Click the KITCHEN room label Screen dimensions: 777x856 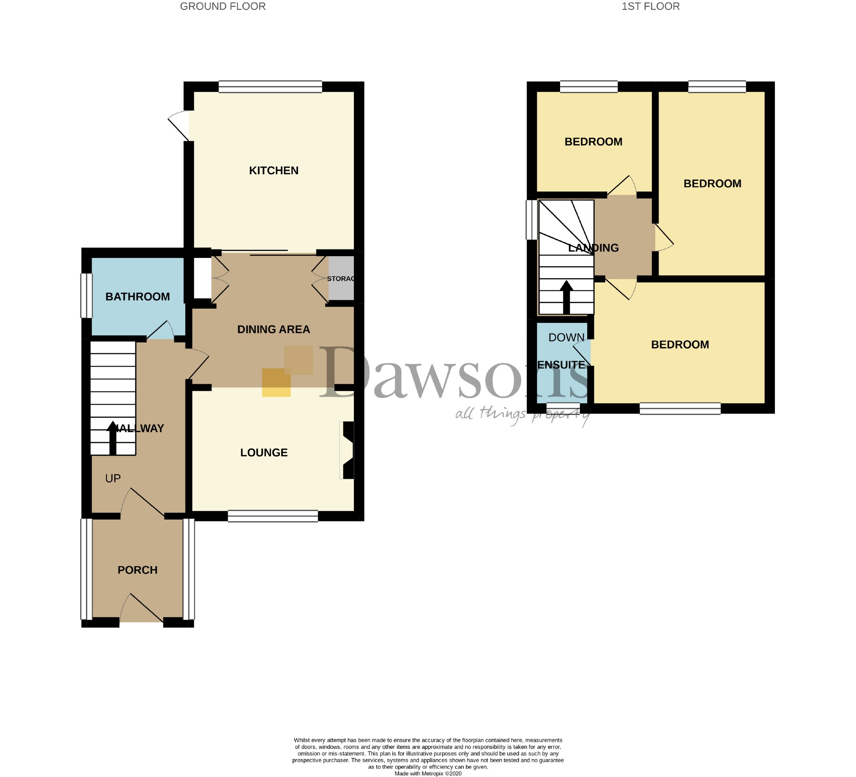point(273,171)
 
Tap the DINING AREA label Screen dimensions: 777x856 point(273,329)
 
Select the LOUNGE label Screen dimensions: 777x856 point(264,453)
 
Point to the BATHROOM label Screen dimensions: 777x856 point(137,297)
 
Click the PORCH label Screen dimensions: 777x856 point(137,570)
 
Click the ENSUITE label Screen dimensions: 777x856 point(561,365)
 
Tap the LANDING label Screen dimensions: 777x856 point(593,248)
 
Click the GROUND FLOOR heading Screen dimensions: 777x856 point(223,6)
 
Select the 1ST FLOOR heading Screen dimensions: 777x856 point(651,6)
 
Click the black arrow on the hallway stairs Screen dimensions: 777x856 point(112,438)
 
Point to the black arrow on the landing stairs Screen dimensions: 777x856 point(566,297)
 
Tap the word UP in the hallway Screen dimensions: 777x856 point(113,479)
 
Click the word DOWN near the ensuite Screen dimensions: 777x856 point(566,337)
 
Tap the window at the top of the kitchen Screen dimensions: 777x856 point(271,87)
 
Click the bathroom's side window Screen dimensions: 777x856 point(87,295)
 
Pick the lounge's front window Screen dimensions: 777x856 point(273,516)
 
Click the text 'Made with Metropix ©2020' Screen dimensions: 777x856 point(427,774)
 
